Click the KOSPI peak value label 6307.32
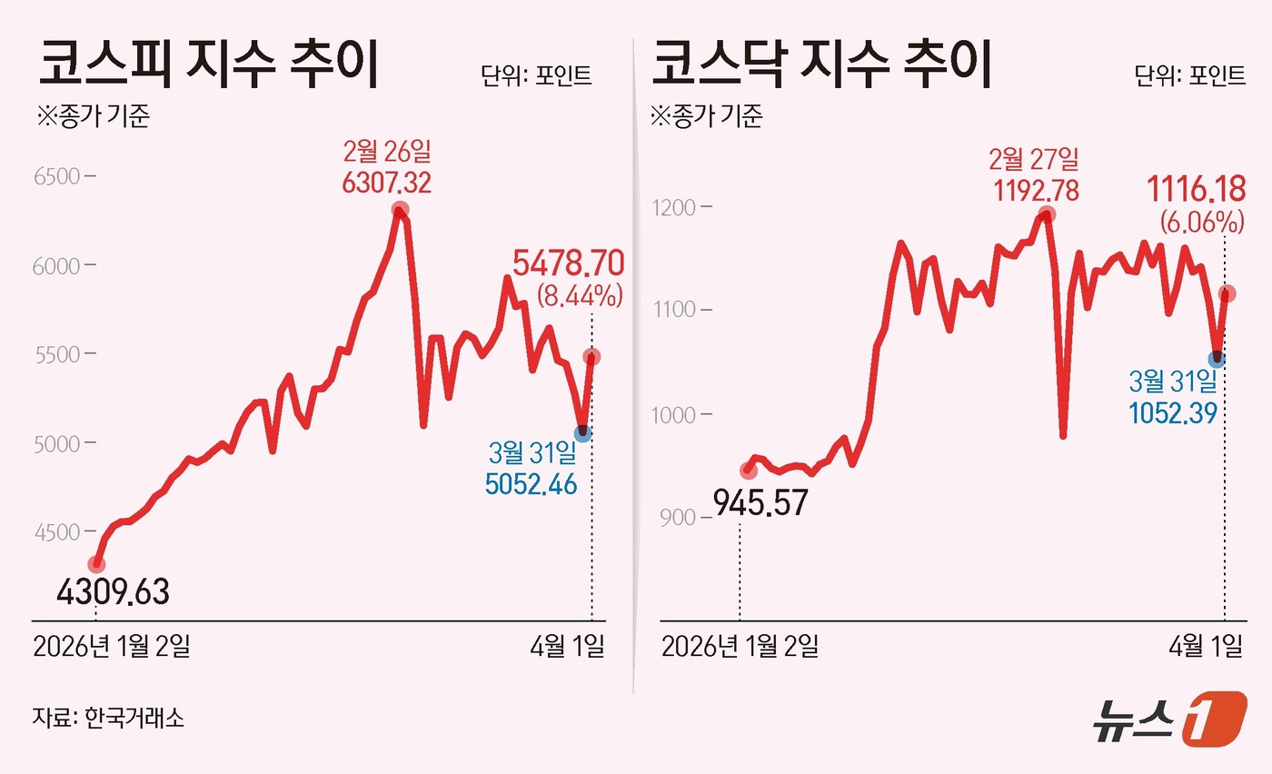386,184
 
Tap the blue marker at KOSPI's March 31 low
582,434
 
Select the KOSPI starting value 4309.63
113,592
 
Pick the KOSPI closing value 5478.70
568,263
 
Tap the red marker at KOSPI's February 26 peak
399,211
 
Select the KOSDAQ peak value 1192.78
1034,192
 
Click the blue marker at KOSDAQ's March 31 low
1217,359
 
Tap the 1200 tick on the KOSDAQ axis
675,208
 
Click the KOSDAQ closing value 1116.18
1195,191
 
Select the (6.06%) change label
1201,221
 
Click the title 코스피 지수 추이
207,64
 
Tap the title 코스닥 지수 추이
822,64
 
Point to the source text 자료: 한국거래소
108,718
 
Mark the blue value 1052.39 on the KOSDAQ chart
1172,413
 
